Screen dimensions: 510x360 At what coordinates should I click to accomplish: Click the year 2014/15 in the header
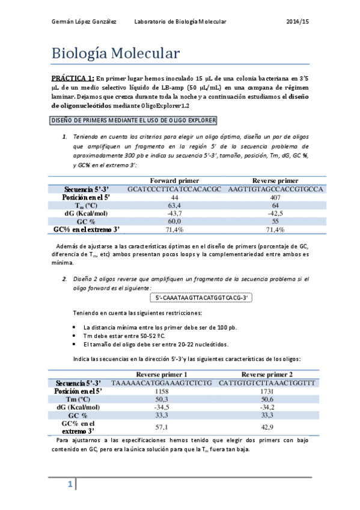297,21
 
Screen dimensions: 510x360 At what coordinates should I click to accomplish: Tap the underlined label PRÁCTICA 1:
72,78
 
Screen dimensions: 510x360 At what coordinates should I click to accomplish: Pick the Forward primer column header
174,180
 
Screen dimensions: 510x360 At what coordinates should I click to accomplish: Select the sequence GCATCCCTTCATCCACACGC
175,189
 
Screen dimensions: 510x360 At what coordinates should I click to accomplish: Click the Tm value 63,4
175,206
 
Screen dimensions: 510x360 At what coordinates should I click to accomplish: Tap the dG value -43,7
175,214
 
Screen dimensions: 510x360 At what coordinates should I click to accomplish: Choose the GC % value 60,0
175,221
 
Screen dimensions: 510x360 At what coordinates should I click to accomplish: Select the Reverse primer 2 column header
267,373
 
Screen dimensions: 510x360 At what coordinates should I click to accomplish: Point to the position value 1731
267,390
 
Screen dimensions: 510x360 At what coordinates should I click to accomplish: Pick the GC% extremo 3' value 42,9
267,427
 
